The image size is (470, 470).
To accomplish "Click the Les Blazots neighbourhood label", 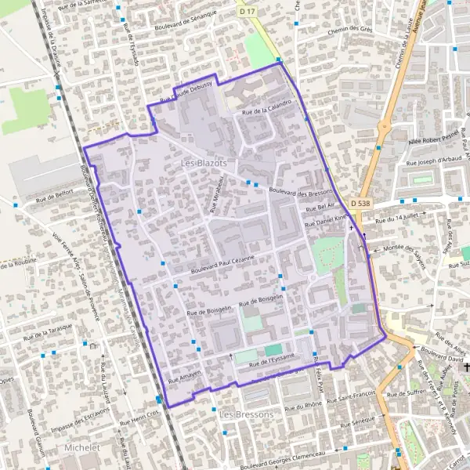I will coord(203,163).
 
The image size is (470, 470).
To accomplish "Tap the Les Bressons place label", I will coord(247,414).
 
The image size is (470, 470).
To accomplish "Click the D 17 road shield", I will coord(248,12).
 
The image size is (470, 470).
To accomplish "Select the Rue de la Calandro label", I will coord(267,108).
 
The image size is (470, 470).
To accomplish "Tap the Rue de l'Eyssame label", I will coord(271,360).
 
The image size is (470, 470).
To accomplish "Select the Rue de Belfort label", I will coord(54,192).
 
